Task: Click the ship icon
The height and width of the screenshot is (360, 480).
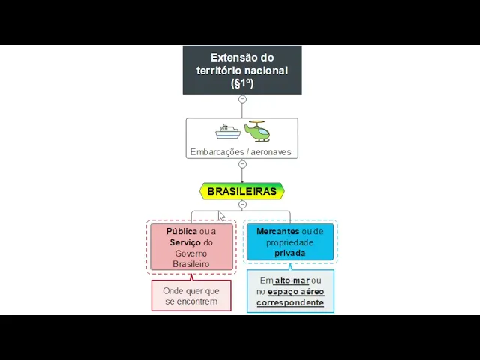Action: click(x=228, y=132)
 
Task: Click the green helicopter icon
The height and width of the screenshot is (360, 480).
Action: click(x=257, y=131)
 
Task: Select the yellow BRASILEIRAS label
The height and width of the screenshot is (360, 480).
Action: click(x=241, y=191)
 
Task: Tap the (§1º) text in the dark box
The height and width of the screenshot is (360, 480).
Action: click(x=242, y=83)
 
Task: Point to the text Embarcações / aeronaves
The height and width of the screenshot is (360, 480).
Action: click(x=241, y=152)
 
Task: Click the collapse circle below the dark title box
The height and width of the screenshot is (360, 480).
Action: click(x=242, y=99)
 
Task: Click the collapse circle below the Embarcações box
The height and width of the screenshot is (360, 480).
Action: click(x=242, y=164)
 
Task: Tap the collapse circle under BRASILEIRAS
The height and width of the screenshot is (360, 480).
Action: click(x=242, y=205)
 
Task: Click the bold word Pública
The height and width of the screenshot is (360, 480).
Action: click(x=182, y=232)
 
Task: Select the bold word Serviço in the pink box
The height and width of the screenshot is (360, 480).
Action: click(x=185, y=242)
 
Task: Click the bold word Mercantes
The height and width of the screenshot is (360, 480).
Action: click(x=277, y=232)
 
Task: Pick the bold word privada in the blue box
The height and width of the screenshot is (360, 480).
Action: click(x=290, y=253)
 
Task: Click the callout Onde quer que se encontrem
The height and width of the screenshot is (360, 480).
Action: click(x=191, y=295)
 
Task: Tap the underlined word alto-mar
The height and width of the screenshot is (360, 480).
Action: click(x=292, y=280)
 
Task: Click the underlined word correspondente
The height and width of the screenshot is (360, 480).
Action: click(x=290, y=303)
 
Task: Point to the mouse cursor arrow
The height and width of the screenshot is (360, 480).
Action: click(x=221, y=216)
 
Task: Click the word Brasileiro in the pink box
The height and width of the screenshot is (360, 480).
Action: click(x=191, y=264)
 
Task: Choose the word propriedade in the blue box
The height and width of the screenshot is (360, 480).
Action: click(x=290, y=242)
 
